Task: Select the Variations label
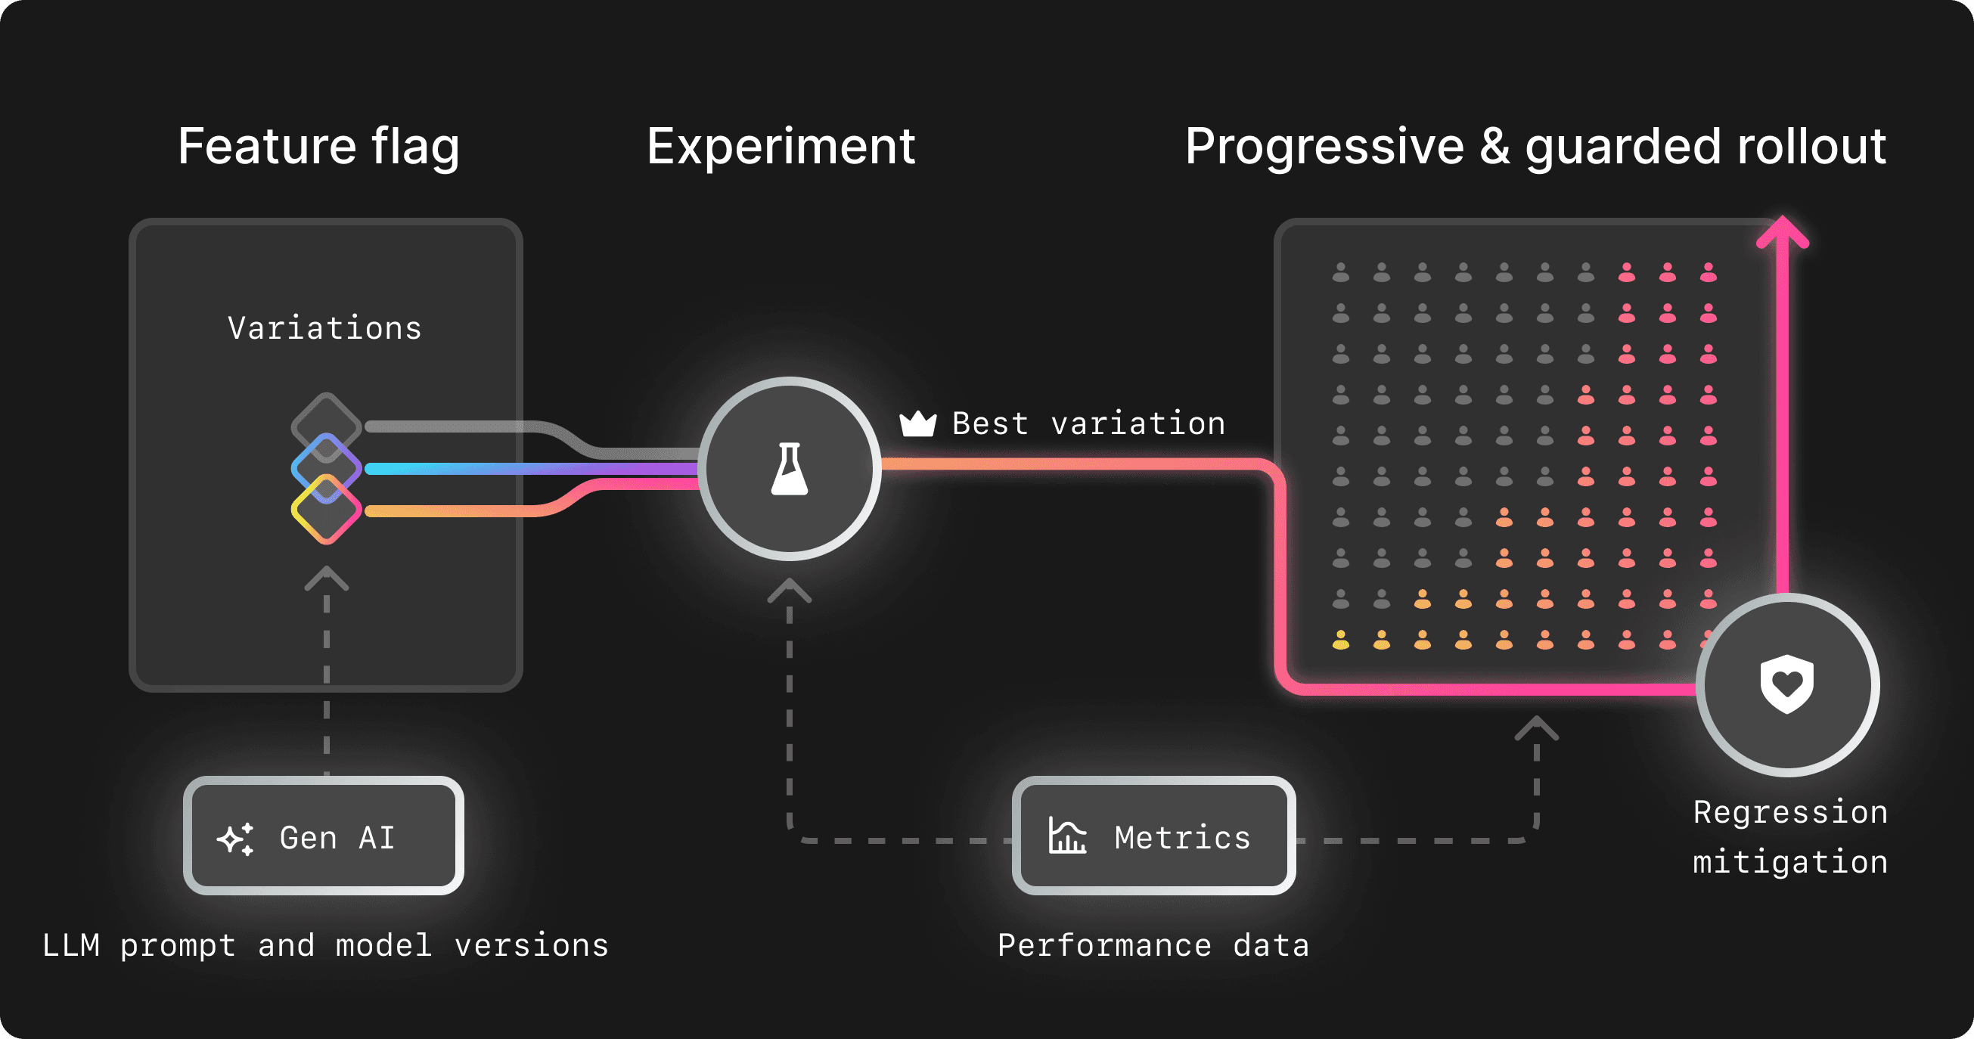point(325,328)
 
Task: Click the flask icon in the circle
point(790,469)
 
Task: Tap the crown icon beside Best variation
point(917,423)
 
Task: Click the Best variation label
point(1088,423)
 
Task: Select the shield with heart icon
point(1787,684)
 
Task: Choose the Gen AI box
point(324,836)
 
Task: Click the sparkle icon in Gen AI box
point(235,839)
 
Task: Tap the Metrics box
point(1153,836)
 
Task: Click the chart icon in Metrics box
point(1067,836)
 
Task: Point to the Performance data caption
point(1153,945)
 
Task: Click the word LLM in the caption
point(70,945)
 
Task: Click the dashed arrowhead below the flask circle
point(790,591)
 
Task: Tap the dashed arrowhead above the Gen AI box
point(327,578)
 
